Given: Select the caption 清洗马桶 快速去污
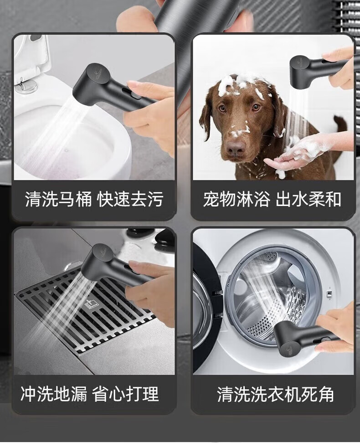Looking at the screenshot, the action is tap(94, 199).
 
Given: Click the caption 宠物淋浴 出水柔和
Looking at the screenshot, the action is tap(272, 199).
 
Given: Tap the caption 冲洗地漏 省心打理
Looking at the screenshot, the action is tap(90, 394).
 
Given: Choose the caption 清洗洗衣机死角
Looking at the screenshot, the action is tap(275, 394).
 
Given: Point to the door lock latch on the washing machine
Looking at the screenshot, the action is tap(329, 293).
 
